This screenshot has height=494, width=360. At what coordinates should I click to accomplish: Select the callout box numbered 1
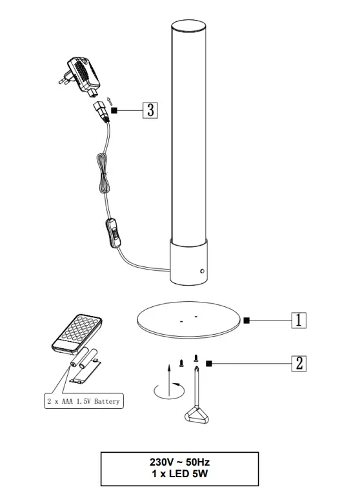[x=299, y=320]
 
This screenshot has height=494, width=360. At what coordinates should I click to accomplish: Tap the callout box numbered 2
[x=299, y=364]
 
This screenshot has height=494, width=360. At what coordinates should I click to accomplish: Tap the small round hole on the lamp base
[x=203, y=271]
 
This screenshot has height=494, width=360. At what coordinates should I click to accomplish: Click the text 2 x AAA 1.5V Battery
[x=83, y=401]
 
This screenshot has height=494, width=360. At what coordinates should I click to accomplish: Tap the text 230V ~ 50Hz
[x=179, y=462]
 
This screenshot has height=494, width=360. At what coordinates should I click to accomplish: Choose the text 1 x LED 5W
[x=179, y=474]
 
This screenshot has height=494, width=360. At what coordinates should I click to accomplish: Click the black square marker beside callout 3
[x=114, y=110]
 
